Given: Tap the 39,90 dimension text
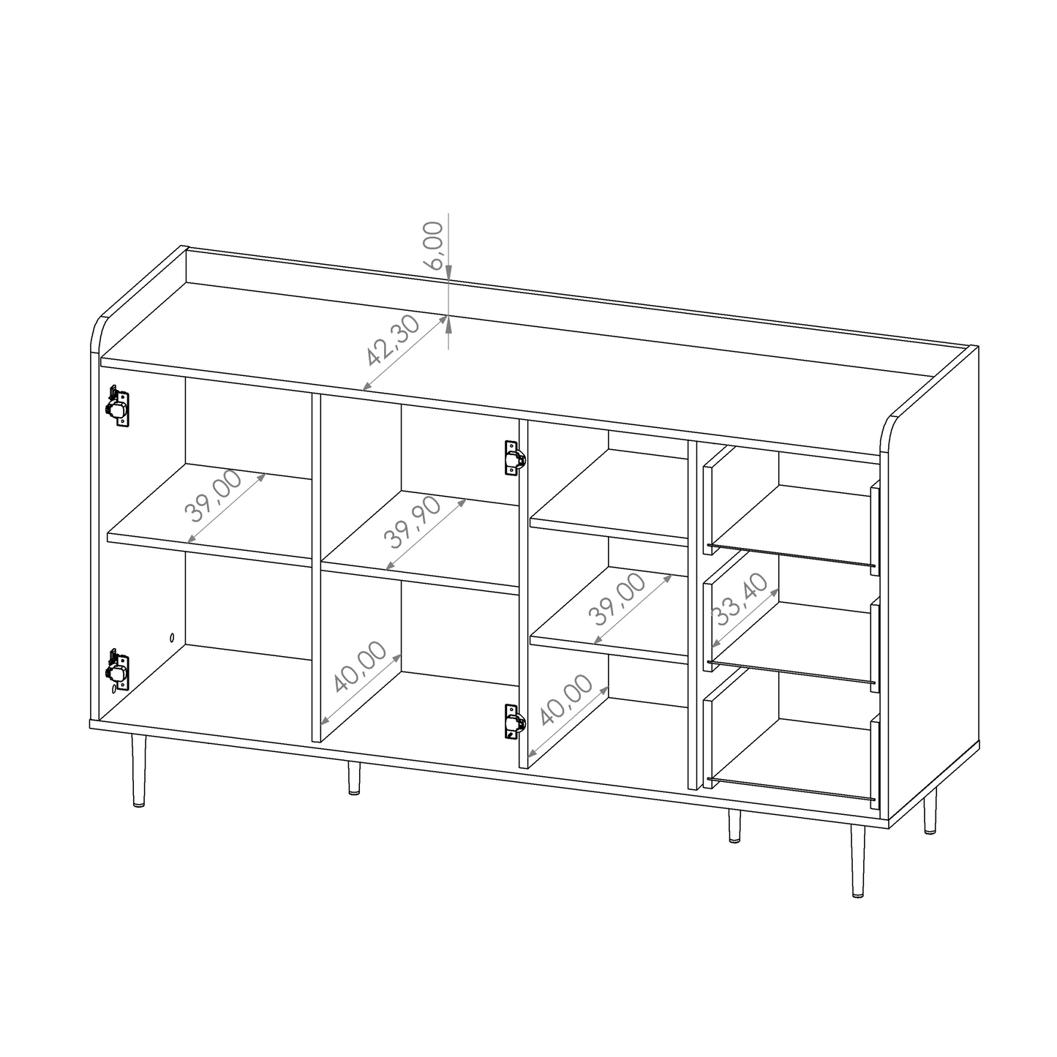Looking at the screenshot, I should (412, 522).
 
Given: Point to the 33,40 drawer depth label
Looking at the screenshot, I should (741, 600).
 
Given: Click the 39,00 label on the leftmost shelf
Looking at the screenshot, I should (214, 496).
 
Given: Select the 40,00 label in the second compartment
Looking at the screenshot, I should (358, 666).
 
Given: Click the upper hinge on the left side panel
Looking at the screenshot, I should (118, 407).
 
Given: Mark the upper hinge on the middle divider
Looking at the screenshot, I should (514, 459).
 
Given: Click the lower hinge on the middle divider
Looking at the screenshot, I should (514, 723).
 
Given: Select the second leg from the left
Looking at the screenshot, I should (353, 778).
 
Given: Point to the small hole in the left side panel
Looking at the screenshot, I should (172, 637).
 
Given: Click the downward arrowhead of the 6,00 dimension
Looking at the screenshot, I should (448, 273).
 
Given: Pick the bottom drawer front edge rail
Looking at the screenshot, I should (791, 790).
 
